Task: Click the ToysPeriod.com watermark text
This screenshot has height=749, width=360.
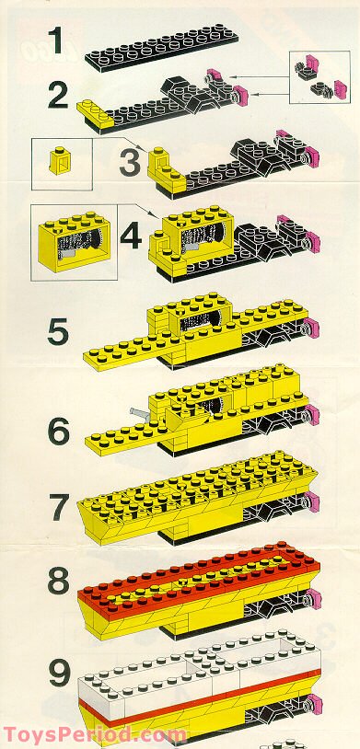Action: [x=95, y=734]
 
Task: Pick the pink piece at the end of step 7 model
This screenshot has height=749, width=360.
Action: [x=313, y=501]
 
